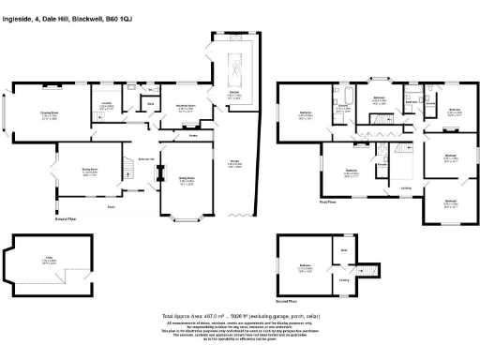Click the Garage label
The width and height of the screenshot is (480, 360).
point(234,163)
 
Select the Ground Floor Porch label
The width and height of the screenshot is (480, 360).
point(112,206)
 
